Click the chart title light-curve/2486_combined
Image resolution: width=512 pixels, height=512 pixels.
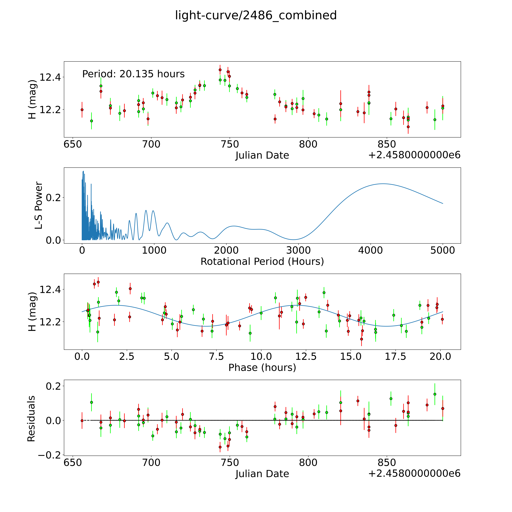(x=256, y=15)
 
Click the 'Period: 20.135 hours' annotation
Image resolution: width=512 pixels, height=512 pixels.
(x=133, y=74)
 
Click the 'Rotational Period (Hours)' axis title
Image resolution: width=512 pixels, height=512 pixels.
(x=262, y=262)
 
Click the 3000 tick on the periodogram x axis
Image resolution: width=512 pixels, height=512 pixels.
(x=298, y=250)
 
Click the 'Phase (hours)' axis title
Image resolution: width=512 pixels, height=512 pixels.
(x=262, y=368)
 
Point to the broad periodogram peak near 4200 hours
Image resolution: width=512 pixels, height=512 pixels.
(x=382, y=184)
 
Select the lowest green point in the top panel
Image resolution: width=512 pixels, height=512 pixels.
(x=91, y=121)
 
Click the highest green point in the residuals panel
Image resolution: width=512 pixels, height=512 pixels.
(x=435, y=394)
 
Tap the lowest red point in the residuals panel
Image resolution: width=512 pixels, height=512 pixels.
(x=220, y=447)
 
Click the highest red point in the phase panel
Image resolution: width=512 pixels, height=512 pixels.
(x=98, y=282)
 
